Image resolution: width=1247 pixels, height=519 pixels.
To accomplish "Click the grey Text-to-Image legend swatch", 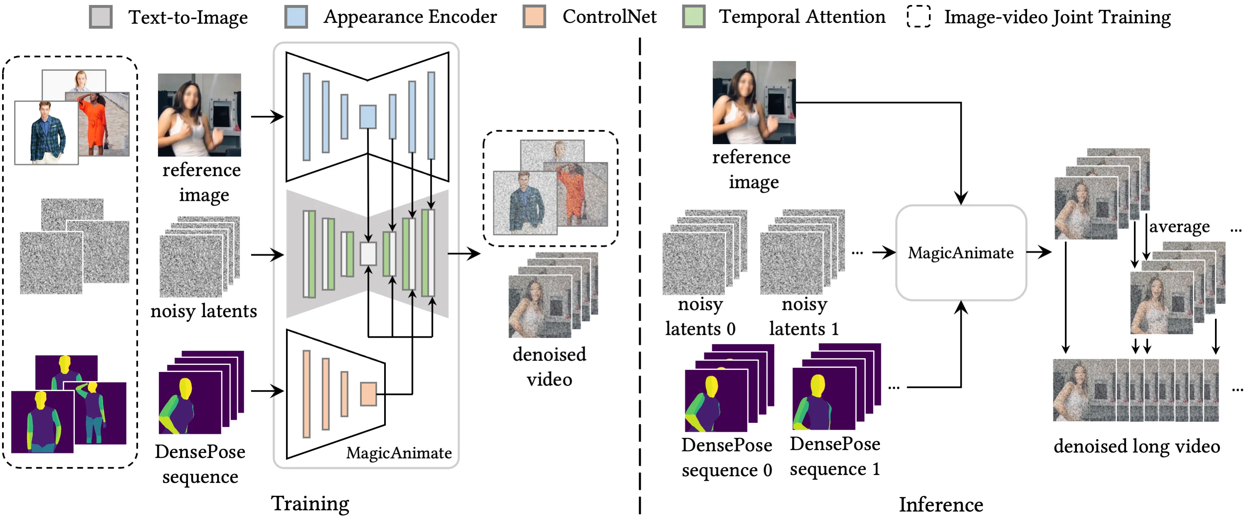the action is click(101, 17).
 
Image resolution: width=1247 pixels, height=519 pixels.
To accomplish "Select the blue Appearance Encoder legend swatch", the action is click(296, 17).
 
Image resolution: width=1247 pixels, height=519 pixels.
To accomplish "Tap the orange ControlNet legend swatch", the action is click(534, 17).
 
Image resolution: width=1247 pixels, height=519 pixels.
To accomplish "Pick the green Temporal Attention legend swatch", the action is click(694, 17).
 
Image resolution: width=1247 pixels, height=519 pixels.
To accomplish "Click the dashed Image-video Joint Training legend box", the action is click(919, 6).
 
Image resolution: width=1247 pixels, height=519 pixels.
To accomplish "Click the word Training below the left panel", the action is click(310, 504).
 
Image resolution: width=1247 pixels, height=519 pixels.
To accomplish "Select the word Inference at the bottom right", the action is click(941, 504).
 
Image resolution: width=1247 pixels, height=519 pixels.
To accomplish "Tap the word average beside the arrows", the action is click(1180, 227).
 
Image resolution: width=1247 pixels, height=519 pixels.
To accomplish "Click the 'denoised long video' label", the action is click(1137, 446).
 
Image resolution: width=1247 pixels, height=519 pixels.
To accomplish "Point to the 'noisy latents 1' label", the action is click(804, 316).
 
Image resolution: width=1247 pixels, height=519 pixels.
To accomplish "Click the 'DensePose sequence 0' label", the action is click(726, 458).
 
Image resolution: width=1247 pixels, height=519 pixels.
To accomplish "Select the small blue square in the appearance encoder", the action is click(368, 117).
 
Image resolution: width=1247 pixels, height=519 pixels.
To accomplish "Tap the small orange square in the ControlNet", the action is click(368, 394).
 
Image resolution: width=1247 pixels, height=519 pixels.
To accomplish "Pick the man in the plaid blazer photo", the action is click(47, 133).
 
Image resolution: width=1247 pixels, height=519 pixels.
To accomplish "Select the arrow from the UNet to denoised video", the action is click(464, 253).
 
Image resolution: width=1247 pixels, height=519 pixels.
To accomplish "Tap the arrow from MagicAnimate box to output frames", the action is click(1038, 251).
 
